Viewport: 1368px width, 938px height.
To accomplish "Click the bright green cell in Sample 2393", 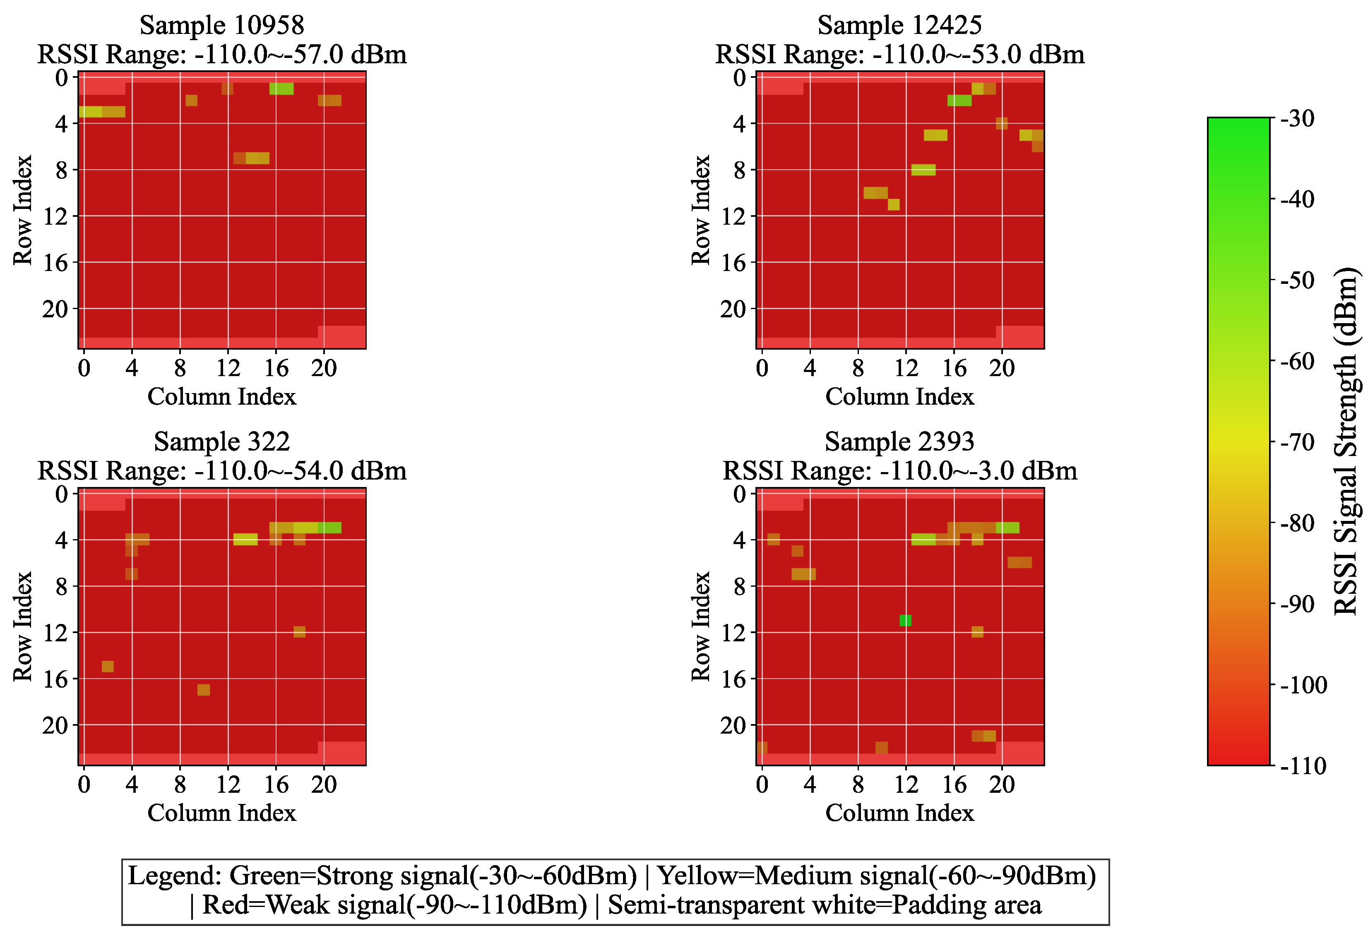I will click(x=905, y=620).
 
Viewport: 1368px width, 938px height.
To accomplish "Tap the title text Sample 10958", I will click(x=222, y=25).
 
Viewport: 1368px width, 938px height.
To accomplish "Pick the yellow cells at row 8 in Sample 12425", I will click(x=923, y=170).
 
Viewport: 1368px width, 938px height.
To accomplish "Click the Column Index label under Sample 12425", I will click(x=899, y=397).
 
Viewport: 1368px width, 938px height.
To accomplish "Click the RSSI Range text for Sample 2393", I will click(x=899, y=471).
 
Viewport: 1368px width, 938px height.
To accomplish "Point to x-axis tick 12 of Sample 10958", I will click(x=228, y=368).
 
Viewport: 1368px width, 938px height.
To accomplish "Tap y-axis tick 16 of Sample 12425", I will click(x=733, y=262).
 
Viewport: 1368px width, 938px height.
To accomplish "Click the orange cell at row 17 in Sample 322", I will click(x=204, y=690).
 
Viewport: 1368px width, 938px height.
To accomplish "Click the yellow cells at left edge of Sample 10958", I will click(x=91, y=112).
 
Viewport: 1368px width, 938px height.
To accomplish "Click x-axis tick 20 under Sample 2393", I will click(x=1002, y=784).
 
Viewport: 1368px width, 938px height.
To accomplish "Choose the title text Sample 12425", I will click(x=899, y=25).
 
